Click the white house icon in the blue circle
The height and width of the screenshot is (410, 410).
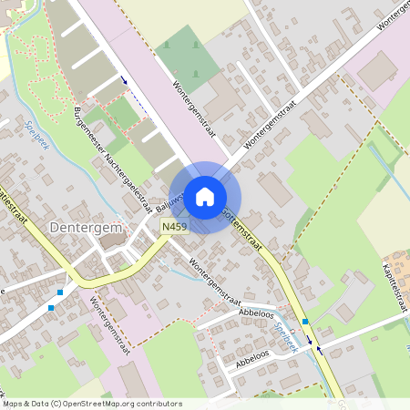click(x=205, y=196)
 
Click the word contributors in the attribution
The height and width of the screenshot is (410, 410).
click(x=159, y=404)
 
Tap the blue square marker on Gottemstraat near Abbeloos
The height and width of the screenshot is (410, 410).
click(x=305, y=322)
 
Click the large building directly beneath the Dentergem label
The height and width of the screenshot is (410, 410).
click(x=114, y=241)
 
